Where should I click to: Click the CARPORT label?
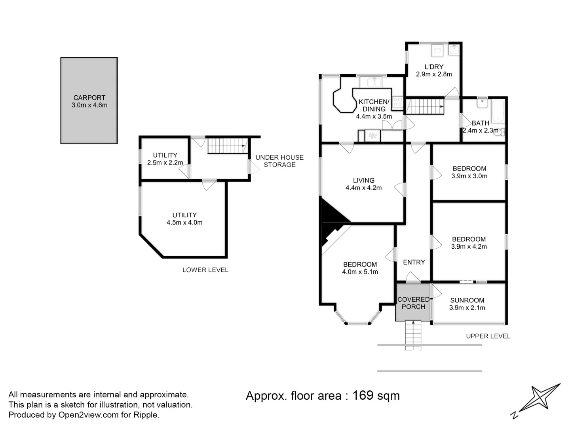[x=89, y=98]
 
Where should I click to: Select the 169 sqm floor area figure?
[x=376, y=396]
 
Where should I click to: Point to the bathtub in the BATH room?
[x=498, y=111]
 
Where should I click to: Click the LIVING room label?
[x=363, y=180]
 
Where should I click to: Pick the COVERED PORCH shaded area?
[x=413, y=302]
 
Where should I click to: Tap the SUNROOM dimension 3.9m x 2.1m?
[x=467, y=308]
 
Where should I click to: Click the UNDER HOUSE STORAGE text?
[x=279, y=161]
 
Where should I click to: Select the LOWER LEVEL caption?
[x=205, y=270]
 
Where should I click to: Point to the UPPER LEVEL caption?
[x=488, y=336]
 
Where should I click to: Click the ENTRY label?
[x=414, y=262]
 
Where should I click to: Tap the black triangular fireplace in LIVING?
[x=333, y=211]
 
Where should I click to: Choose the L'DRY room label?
[x=434, y=67]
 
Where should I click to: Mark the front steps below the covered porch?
[x=413, y=336]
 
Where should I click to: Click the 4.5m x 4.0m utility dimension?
[x=184, y=223]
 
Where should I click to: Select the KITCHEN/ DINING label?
[x=374, y=105]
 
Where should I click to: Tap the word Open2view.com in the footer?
[x=88, y=415]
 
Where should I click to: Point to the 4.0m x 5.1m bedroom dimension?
[x=360, y=272]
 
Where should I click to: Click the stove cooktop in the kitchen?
[x=397, y=102]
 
